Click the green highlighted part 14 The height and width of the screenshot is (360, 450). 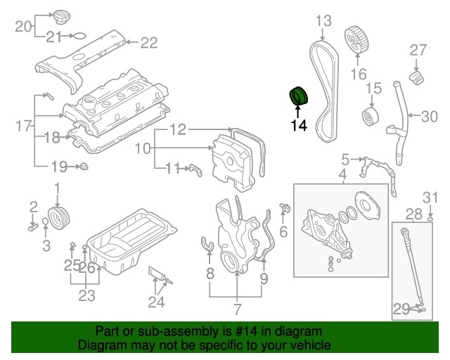tap(298, 96)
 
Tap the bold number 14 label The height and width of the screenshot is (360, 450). tap(299, 125)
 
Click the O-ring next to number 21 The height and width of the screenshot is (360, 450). tap(79, 36)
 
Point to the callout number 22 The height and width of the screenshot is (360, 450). tap(149, 42)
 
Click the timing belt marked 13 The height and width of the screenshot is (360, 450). tap(324, 92)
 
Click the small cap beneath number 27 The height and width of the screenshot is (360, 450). tap(416, 77)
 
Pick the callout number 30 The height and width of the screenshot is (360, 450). tap(430, 116)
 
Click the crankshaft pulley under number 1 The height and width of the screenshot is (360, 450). tap(58, 218)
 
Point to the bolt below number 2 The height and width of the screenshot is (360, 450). tap(33, 228)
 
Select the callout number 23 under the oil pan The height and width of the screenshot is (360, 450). tap(87, 295)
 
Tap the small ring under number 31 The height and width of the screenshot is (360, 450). tap(430, 220)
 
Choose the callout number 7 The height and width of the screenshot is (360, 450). tap(238, 309)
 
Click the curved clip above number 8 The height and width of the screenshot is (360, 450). tap(207, 245)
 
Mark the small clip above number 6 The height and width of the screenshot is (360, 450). tap(285, 207)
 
